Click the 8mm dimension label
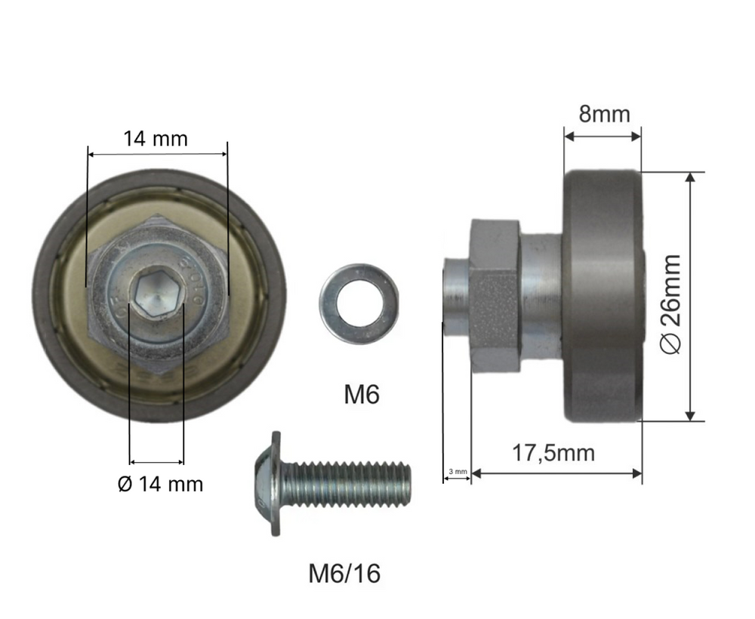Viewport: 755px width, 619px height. coord(604,114)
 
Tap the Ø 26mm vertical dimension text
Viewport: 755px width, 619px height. coord(670,303)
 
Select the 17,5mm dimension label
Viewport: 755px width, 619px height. coord(553,453)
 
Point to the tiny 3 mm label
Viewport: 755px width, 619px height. coord(458,471)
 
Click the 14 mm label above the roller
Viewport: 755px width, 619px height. coord(156,139)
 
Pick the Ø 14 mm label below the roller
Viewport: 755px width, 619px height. coord(160,484)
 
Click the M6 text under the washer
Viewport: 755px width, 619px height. coord(362,394)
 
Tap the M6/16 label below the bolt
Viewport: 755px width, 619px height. coord(344,573)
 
